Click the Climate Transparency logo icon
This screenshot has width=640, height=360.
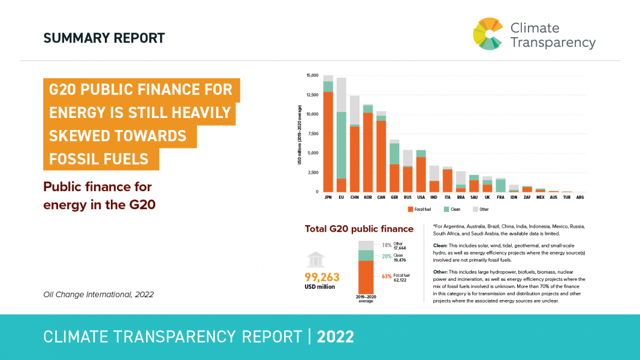488,34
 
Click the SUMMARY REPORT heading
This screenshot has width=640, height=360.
104,38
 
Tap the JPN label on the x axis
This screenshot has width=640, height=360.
328,197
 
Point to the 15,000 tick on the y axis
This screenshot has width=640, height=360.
312,75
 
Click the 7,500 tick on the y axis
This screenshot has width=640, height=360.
313,134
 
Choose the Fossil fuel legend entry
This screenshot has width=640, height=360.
420,210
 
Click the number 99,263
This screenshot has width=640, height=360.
322,277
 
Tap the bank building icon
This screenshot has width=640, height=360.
316,259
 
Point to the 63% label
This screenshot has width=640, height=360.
387,276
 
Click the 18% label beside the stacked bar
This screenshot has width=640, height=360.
387,245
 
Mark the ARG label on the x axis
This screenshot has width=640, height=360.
579,197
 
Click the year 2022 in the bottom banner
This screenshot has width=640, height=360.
336,337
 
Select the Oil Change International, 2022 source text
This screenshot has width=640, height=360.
99,294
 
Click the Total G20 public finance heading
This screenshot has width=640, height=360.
359,229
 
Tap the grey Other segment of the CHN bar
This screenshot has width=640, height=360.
355,110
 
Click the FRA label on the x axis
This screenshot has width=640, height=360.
501,197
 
